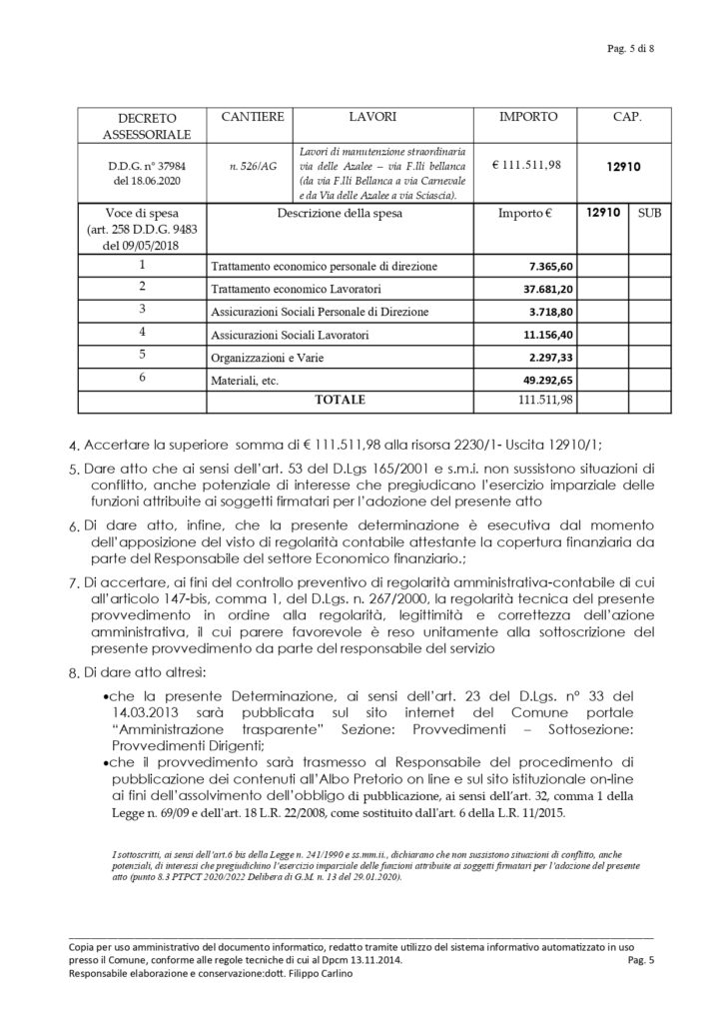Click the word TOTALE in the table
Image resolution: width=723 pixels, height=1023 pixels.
coord(340,400)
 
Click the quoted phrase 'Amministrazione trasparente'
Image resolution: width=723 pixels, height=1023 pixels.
coord(192,728)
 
